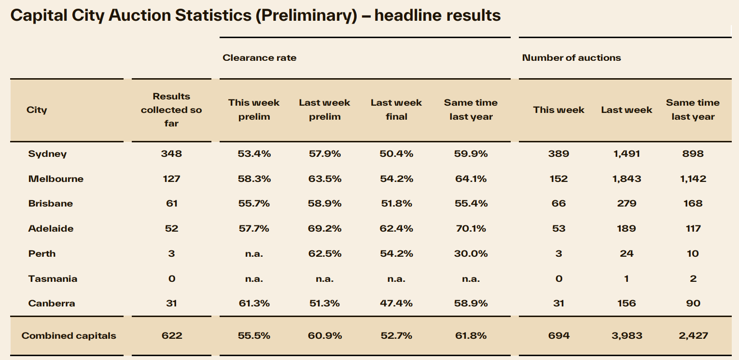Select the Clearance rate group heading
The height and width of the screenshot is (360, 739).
tap(259, 58)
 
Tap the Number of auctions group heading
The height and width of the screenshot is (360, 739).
tap(572, 58)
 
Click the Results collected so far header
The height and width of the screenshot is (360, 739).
tap(171, 110)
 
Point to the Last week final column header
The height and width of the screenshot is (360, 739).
tap(396, 110)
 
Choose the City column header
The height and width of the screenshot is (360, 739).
tap(37, 110)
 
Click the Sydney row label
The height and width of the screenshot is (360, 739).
tap(47, 154)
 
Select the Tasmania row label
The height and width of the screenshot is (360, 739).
tap(53, 278)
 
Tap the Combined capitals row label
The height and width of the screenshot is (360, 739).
tap(69, 335)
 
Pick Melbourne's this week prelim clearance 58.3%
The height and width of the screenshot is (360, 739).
tap(254, 179)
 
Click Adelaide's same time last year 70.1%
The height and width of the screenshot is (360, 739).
tap(471, 228)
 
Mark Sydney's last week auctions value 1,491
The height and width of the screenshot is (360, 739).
tap(626, 154)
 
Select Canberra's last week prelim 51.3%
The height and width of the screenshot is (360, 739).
tap(324, 303)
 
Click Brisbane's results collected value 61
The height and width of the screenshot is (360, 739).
tap(171, 204)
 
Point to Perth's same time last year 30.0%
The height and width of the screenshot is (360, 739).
tap(471, 253)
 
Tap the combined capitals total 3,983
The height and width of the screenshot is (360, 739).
tap(626, 335)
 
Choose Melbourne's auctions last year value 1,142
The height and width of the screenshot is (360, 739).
tap(693, 179)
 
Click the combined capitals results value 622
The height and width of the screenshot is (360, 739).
tap(171, 335)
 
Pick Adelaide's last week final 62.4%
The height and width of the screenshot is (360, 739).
tap(396, 228)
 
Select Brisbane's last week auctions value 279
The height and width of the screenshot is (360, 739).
tap(626, 204)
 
